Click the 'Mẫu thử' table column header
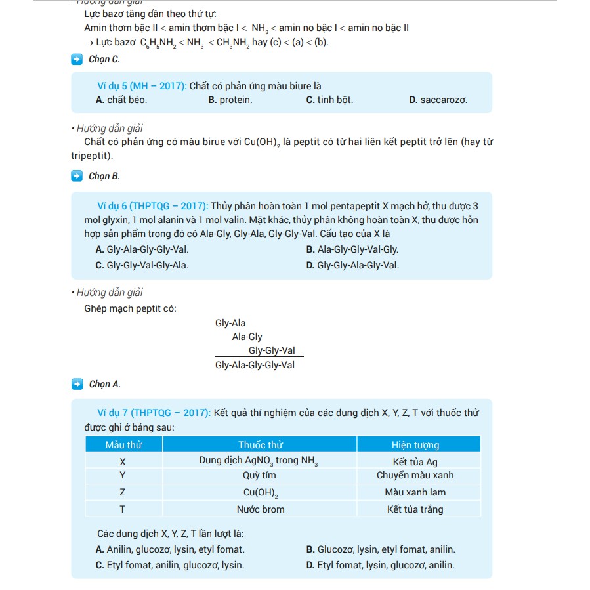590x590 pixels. (123, 445)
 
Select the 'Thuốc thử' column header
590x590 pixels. (260, 445)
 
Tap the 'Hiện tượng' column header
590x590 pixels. (415, 445)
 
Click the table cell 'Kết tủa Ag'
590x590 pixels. (415, 461)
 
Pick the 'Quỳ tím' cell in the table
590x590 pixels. (260, 475)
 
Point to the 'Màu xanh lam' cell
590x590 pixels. (415, 492)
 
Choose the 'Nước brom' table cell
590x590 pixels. (260, 509)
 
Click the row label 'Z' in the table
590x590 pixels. (123, 492)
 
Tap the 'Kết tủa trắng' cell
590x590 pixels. (415, 509)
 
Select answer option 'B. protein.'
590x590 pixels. (230, 100)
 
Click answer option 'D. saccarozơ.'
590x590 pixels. (438, 100)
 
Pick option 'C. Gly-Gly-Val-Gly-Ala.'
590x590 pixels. (142, 266)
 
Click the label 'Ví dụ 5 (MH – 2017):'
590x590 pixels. (142, 86)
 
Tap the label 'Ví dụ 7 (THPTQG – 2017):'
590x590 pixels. (154, 413)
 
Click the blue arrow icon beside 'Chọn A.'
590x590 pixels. (77, 384)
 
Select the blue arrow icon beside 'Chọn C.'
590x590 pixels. (77, 60)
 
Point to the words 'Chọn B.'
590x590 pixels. (104, 176)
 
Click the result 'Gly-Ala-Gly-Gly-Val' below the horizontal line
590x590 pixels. (255, 365)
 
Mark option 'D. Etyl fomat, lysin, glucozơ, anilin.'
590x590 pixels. (381, 565)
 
